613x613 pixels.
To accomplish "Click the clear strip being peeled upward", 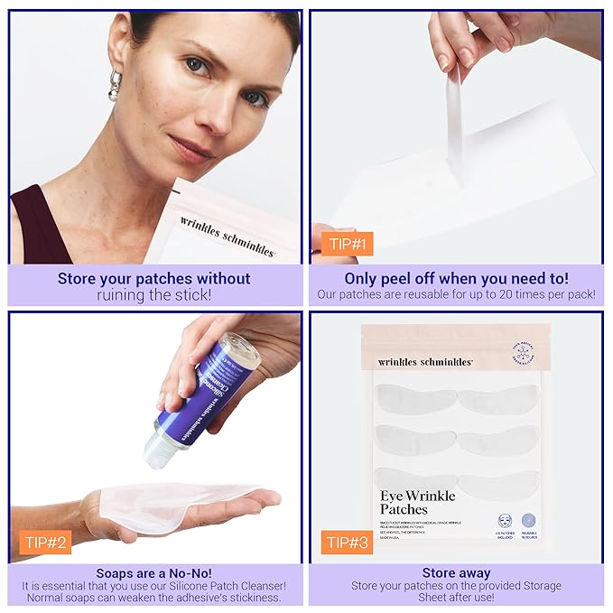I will coord(454,126).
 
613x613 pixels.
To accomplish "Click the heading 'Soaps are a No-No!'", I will coord(154,572).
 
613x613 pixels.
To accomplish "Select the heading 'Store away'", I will coord(456,572).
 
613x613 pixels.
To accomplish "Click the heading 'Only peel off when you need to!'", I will coord(456,279).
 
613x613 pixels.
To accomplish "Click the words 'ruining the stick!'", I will coord(154,294).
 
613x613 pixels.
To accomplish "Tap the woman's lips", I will coord(194,145).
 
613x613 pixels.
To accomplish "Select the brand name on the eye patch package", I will coord(425,361).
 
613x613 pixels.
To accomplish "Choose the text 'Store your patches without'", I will coord(154,278).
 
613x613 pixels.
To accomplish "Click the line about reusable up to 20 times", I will coord(456,294).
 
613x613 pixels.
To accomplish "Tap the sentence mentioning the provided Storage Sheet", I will coord(456,592).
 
